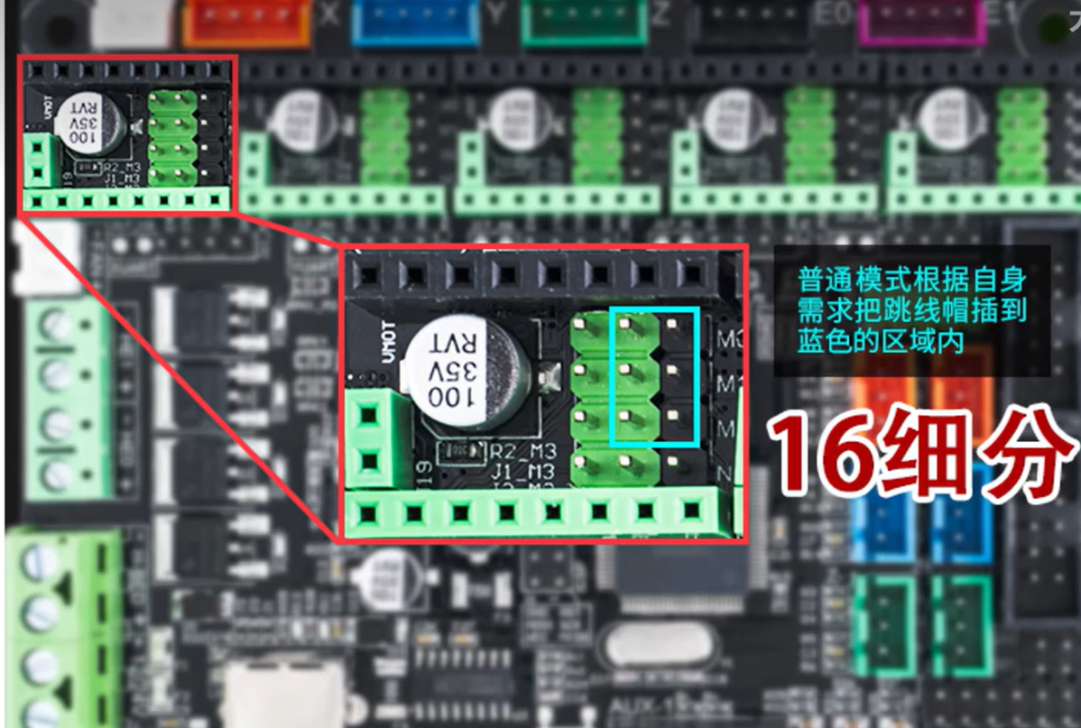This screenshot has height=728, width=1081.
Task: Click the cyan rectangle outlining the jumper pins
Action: click(x=655, y=375)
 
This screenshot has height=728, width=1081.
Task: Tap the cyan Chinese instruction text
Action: click(x=911, y=309)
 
